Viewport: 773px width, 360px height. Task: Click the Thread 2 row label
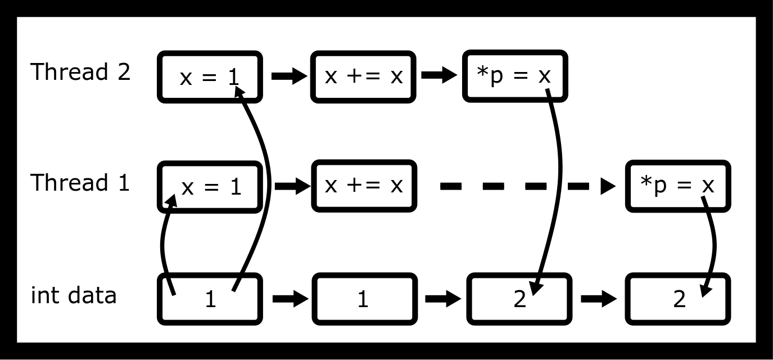click(80, 72)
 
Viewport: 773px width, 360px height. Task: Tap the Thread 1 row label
click(80, 183)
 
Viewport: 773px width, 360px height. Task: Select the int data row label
click(74, 295)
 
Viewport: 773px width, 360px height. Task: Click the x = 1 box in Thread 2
click(210, 76)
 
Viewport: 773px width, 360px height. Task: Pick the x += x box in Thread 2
click(364, 76)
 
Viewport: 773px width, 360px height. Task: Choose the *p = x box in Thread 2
click(514, 76)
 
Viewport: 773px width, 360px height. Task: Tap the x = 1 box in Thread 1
click(210, 187)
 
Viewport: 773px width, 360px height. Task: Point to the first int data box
click(210, 299)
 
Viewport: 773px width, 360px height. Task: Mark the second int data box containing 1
click(364, 299)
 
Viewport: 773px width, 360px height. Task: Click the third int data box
click(519, 299)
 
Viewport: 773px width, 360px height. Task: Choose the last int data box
click(679, 299)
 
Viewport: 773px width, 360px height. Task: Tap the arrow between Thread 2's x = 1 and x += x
click(289, 76)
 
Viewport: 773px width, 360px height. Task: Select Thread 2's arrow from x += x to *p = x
click(439, 76)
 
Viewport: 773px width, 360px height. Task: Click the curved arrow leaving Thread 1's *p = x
click(713, 247)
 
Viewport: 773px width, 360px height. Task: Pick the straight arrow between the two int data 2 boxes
click(598, 299)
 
